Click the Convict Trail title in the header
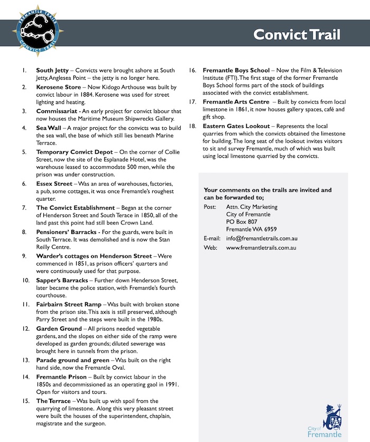(297, 35)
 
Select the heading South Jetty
(52, 70)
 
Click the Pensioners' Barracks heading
(66, 232)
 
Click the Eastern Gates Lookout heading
(236, 126)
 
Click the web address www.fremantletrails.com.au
(261, 247)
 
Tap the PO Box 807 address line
(242, 222)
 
